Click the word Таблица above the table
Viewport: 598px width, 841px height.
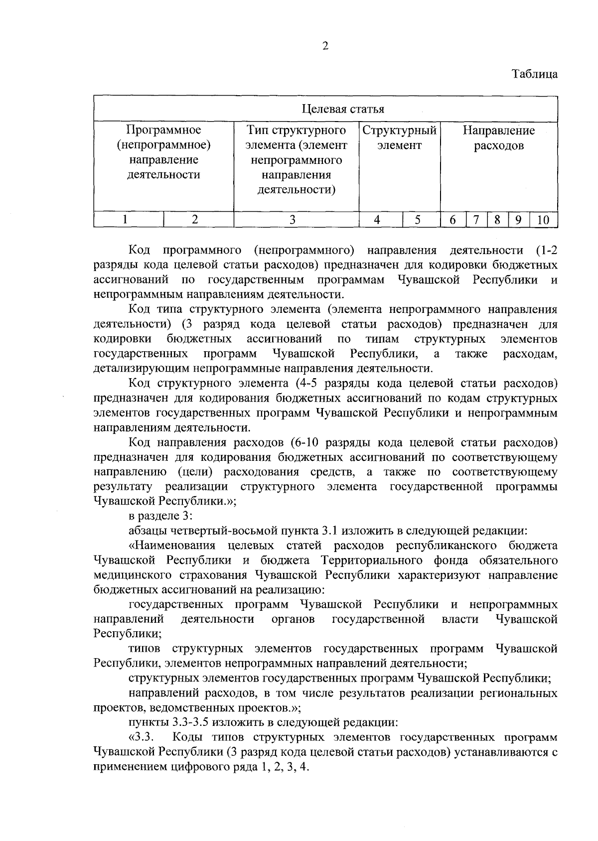(x=535, y=74)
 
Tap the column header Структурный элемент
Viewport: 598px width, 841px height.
(x=399, y=138)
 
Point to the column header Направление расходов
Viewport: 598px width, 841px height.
(x=498, y=138)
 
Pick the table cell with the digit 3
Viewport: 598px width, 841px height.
(x=293, y=220)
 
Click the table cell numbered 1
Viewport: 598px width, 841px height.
(x=126, y=220)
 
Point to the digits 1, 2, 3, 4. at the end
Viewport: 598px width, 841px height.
(x=285, y=767)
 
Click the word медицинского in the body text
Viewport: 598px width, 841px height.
(x=132, y=575)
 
